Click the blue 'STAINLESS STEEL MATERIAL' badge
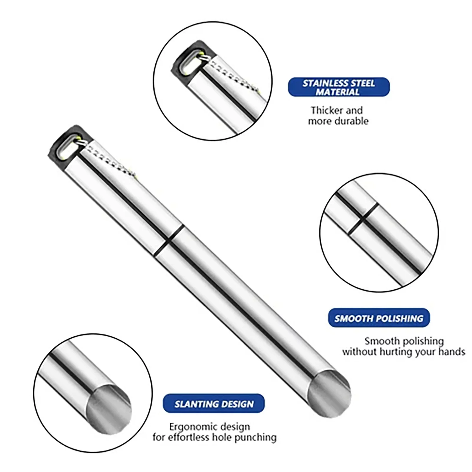tap(339, 87)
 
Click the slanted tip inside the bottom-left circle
tap(109, 407)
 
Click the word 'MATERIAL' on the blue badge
tap(338, 92)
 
